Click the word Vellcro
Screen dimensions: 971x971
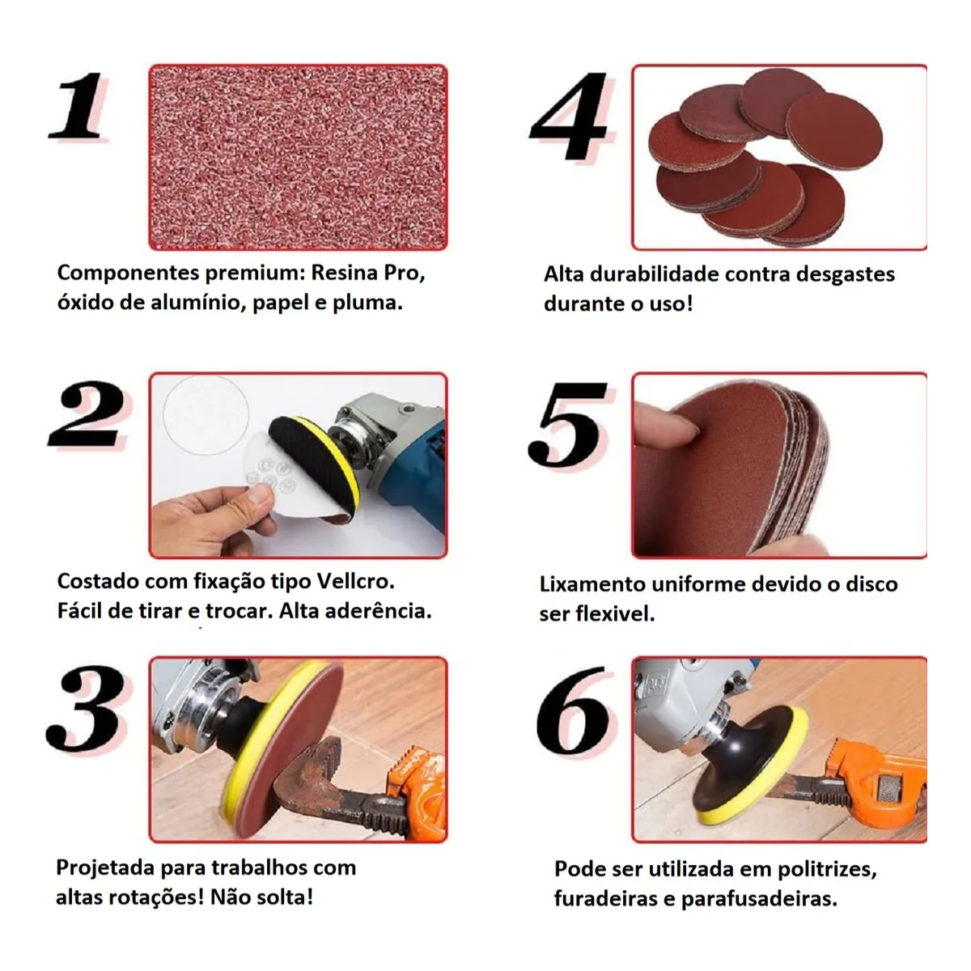355,581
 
